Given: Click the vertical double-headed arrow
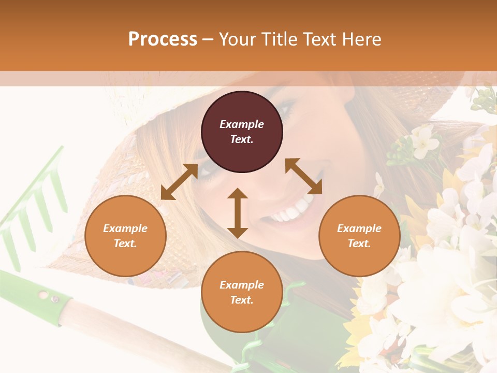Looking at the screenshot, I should (238, 213).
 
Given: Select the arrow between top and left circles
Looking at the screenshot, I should (179, 182).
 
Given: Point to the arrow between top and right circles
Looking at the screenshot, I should (303, 176).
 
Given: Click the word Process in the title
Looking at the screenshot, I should (163, 39).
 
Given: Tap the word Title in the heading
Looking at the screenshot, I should (278, 39).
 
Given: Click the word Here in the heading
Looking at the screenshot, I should (362, 39).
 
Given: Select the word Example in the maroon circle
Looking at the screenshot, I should (242, 124).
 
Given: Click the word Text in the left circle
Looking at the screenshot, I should (125, 243).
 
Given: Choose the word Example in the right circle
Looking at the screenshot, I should (359, 228).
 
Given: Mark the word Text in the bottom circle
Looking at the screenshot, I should (241, 300).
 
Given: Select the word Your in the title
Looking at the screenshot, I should (236, 39).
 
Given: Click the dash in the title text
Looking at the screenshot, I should (208, 39).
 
